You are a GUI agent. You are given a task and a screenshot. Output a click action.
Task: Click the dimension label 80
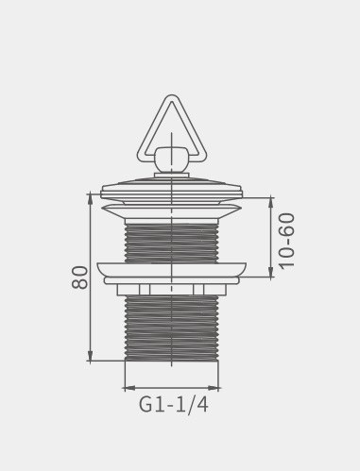(x=79, y=278)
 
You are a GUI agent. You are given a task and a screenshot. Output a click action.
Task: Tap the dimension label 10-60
(x=287, y=241)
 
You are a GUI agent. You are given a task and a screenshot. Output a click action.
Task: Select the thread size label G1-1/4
(x=174, y=405)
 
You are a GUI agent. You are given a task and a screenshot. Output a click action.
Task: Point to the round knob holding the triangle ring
(x=171, y=160)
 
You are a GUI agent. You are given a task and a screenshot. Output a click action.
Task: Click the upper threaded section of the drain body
(x=171, y=244)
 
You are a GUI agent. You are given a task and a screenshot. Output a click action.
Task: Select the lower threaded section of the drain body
(x=171, y=328)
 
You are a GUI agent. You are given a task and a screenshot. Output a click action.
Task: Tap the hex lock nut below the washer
(x=171, y=290)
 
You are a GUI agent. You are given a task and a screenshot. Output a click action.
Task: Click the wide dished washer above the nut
(x=171, y=270)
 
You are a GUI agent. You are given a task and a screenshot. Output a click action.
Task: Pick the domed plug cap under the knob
(x=171, y=189)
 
